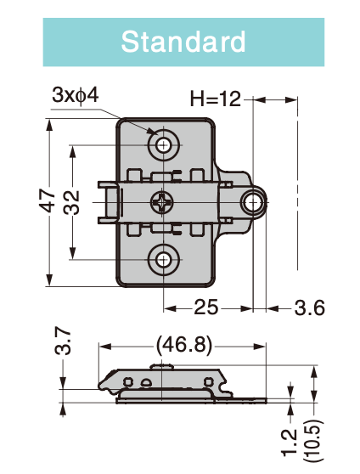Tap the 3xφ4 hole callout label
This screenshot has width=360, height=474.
coord(75,94)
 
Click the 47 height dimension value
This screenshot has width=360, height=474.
coord(48,200)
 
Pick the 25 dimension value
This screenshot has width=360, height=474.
coord(207,307)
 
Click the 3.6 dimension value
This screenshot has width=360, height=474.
coord(309,307)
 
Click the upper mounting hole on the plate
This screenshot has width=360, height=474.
coord(163,145)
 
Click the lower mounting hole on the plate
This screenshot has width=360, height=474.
coord(163,259)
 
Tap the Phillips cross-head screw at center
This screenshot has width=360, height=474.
coord(162,202)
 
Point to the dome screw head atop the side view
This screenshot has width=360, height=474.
coord(164,365)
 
